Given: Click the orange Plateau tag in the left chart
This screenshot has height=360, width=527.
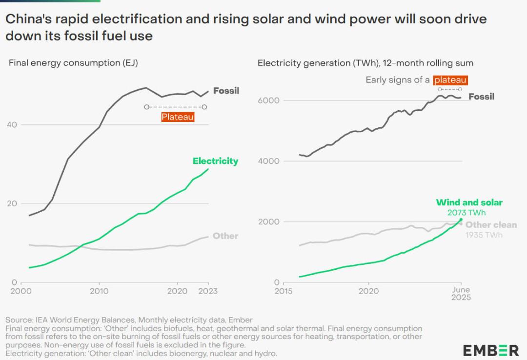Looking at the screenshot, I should [x=178, y=117].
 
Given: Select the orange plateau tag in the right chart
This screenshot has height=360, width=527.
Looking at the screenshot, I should [x=451, y=80].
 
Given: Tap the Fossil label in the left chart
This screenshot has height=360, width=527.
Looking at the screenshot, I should [x=226, y=91].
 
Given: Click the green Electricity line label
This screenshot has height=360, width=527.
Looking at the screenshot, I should [x=215, y=161].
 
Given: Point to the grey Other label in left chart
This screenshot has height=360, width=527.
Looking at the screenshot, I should [x=225, y=236].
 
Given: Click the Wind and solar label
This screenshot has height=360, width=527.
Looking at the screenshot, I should [x=469, y=202].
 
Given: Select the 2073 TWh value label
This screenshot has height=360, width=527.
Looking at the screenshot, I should [x=466, y=213].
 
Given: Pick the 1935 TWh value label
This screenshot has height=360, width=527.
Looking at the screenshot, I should [x=484, y=235].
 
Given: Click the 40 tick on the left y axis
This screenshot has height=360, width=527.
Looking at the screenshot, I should [x=12, y=124].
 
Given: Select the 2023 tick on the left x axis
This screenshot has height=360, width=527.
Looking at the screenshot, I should [x=208, y=291].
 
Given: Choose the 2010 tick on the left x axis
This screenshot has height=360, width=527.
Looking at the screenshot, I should [x=99, y=291].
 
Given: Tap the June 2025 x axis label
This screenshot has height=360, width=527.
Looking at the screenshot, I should [x=460, y=293].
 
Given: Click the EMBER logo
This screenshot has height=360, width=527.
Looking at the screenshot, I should [x=491, y=350].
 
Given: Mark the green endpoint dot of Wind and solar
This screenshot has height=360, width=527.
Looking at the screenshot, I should [x=461, y=220].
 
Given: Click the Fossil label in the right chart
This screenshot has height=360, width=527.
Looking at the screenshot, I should [x=481, y=97].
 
